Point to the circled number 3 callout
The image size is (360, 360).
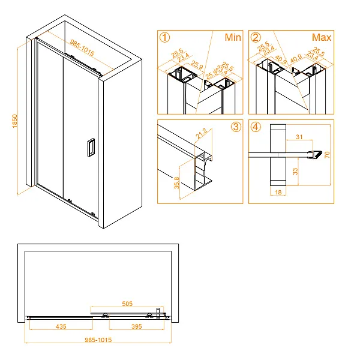pos(235,128)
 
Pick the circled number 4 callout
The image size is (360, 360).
pos(256,128)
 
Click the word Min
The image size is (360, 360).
pos(232,38)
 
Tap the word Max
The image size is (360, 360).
pos(322,38)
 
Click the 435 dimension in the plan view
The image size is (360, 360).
pos(60,326)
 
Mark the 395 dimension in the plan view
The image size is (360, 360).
pos(138,326)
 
